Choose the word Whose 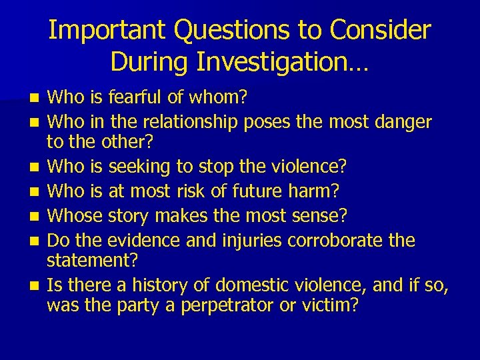(72, 215)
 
